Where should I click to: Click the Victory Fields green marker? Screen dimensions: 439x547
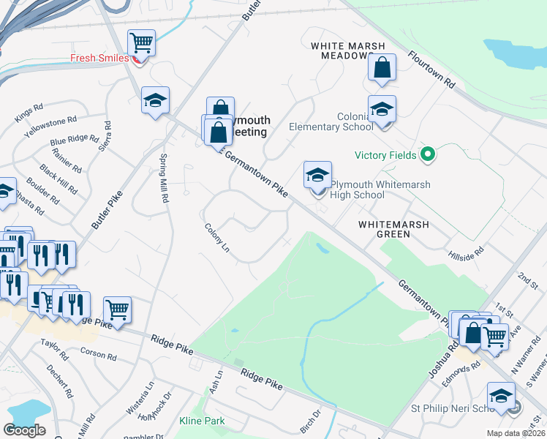click(x=429, y=155)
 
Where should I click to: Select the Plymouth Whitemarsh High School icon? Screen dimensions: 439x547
click(x=317, y=176)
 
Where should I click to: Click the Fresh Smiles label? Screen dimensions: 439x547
click(x=99, y=58)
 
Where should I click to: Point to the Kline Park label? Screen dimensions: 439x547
click(x=202, y=421)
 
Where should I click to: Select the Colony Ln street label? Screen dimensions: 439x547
click(x=217, y=239)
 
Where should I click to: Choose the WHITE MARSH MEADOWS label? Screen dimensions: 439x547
click(x=347, y=50)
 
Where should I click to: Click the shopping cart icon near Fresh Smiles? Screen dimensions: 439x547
click(x=141, y=42)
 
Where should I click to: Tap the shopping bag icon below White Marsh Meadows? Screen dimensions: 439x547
click(x=382, y=68)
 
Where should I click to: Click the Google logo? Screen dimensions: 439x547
click(x=24, y=429)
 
